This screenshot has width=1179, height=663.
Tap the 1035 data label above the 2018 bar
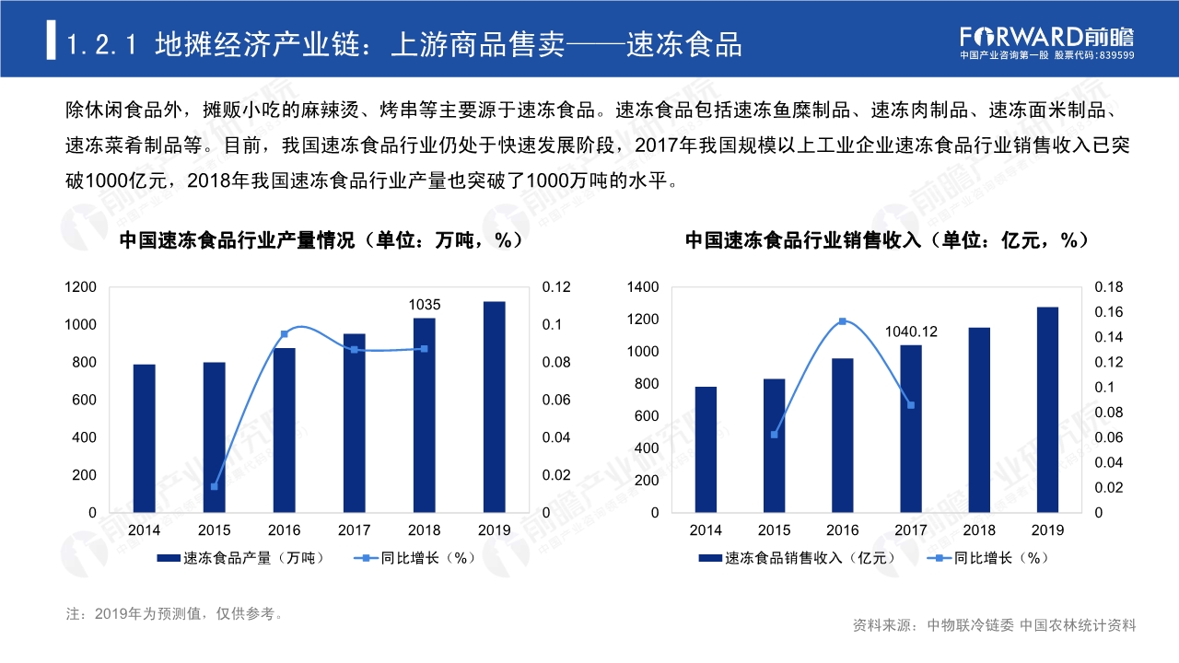[x=424, y=305]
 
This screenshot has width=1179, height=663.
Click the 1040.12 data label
[x=911, y=331]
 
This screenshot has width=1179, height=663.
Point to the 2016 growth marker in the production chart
[x=284, y=333]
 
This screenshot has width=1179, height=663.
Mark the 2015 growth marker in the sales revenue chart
[x=775, y=434]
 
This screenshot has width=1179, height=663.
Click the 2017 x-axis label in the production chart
[x=354, y=530]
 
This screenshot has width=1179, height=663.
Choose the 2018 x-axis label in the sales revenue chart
[x=979, y=530]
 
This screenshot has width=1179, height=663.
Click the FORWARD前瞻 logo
[x=1047, y=37]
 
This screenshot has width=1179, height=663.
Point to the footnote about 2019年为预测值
[x=175, y=613]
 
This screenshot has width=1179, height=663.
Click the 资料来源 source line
[x=995, y=625]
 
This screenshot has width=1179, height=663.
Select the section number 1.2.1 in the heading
[x=103, y=44]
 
